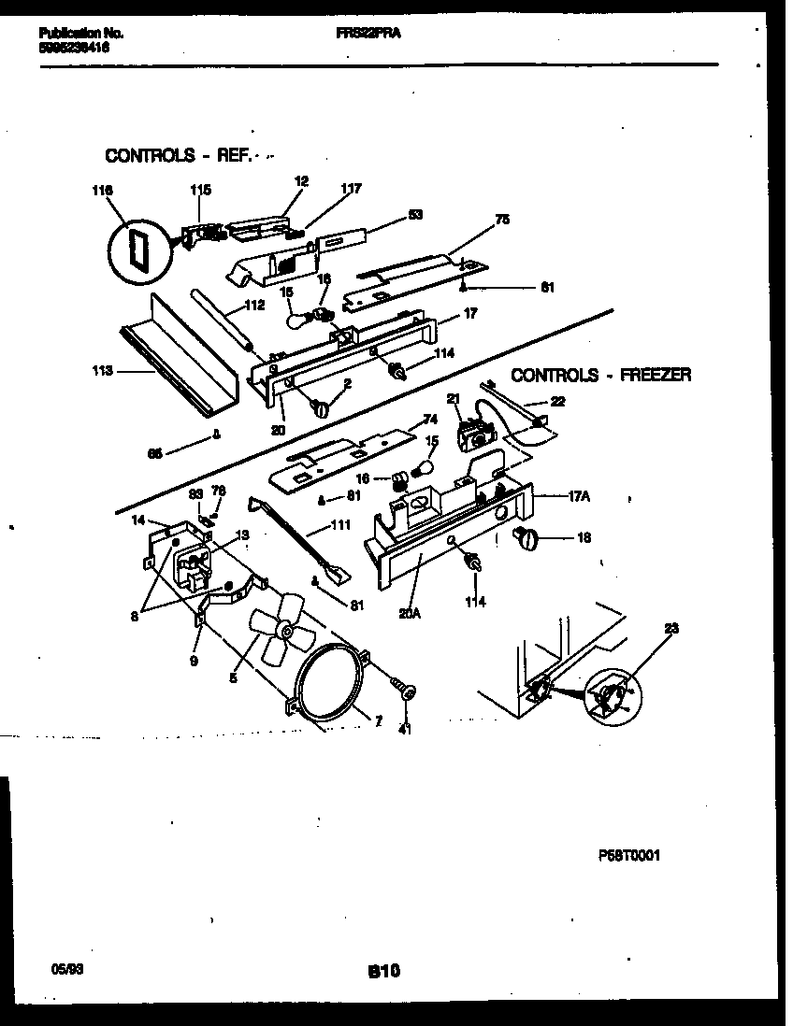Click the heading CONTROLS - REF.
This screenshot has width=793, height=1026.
coord(177,156)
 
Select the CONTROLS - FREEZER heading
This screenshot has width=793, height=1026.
coord(601,376)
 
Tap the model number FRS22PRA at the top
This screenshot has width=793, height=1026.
coord(362,33)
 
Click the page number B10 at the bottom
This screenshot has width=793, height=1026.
coord(383,972)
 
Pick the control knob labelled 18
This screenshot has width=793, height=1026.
coord(528,537)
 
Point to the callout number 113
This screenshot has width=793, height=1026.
coord(102,371)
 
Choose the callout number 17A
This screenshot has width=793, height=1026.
coord(579,497)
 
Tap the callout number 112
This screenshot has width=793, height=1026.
coord(255,305)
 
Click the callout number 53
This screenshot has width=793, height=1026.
coord(415,214)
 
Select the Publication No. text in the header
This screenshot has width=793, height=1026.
coord(81,33)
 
